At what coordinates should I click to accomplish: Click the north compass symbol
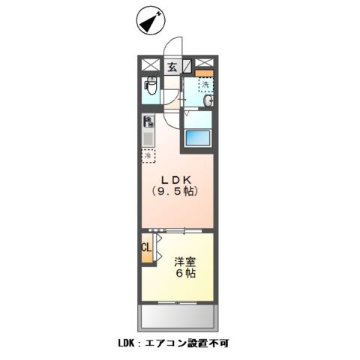tap(150, 21)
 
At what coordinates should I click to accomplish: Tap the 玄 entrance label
tap(172, 65)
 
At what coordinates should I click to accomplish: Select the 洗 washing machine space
tap(205, 85)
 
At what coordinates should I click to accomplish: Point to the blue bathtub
tap(199, 139)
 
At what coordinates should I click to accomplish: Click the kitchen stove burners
tap(148, 121)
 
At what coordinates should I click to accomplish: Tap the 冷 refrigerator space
tap(148, 155)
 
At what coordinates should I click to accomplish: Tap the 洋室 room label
tap(186, 262)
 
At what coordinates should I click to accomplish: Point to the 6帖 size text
tap(186, 275)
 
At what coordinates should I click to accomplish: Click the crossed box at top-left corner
tap(149, 65)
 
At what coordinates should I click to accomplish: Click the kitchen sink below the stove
tap(148, 138)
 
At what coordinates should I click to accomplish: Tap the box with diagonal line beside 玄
tap(187, 65)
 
